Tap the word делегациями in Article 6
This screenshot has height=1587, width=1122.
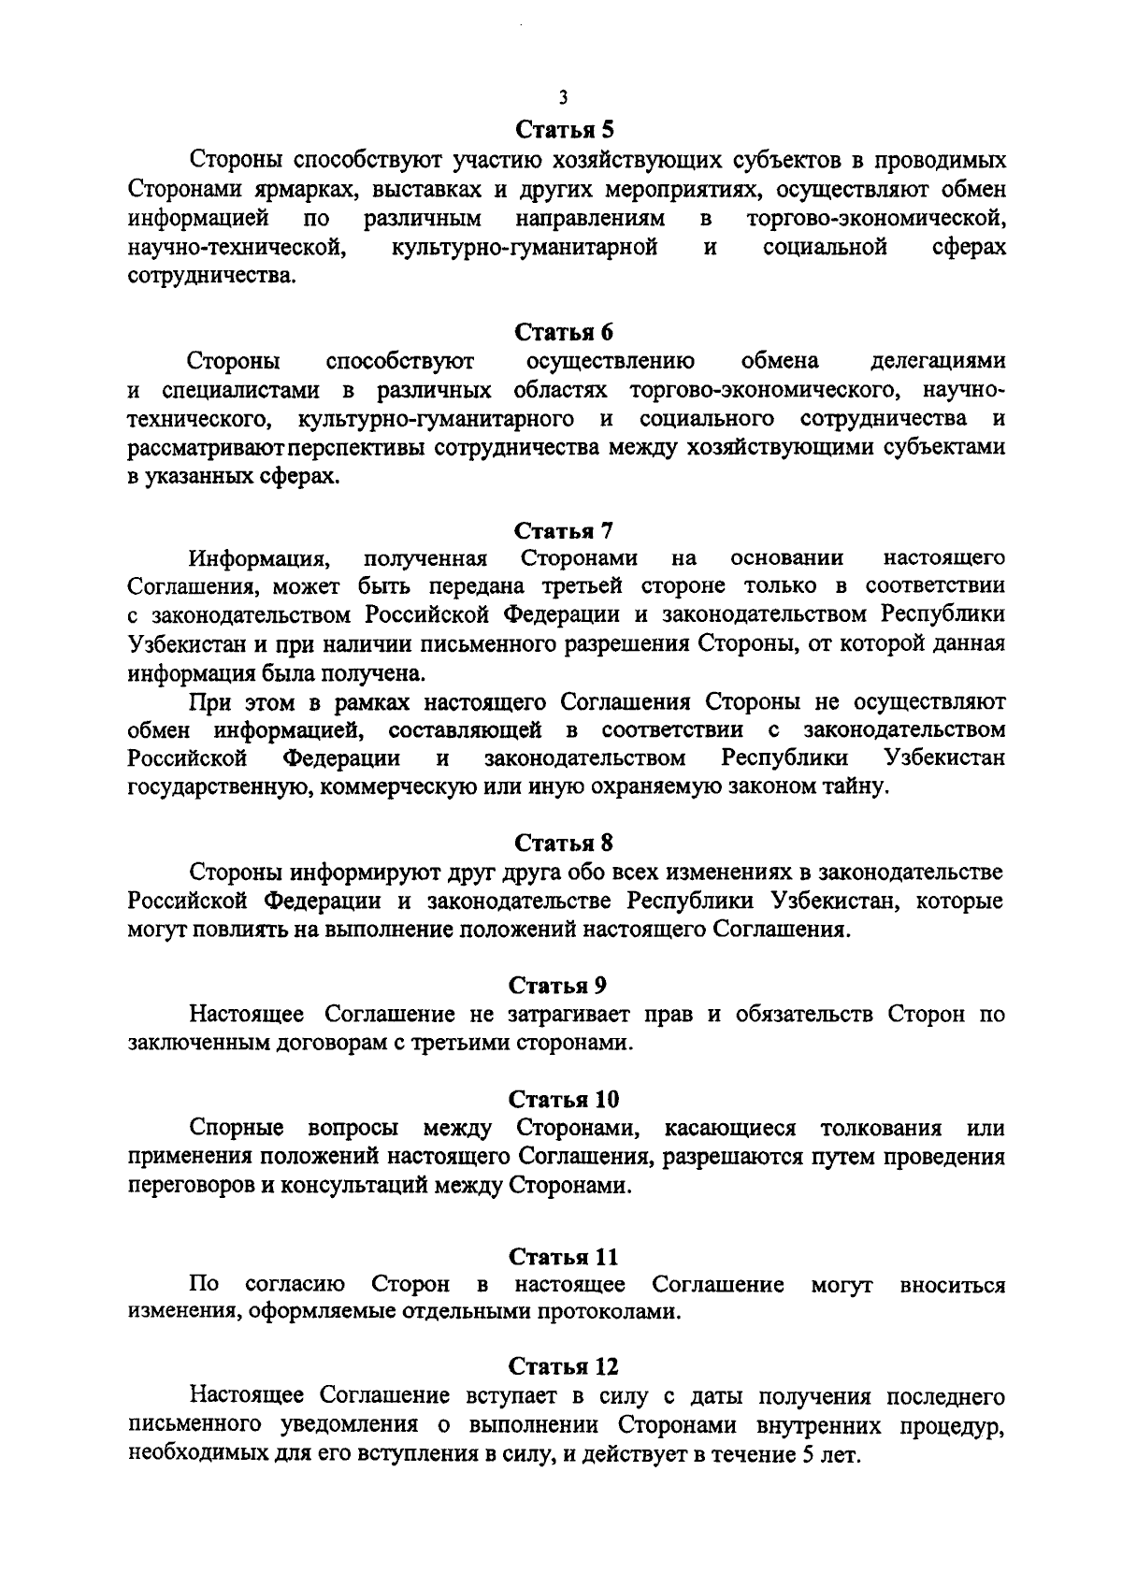coord(938,361)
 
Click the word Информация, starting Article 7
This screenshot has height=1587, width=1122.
coord(259,559)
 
